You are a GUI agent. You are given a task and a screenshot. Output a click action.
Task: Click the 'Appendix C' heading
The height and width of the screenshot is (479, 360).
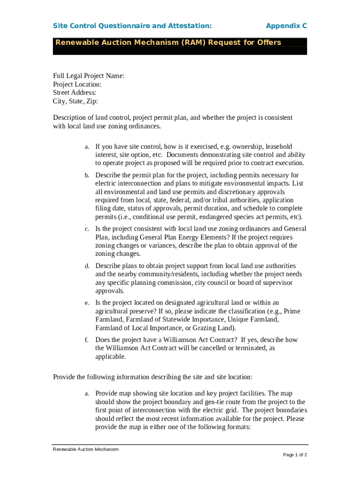point(286,25)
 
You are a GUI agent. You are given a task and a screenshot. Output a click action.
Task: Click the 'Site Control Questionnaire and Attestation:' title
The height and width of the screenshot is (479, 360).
point(132,25)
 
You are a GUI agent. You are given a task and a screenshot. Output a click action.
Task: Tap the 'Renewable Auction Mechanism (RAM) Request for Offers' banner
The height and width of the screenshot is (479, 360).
point(168,43)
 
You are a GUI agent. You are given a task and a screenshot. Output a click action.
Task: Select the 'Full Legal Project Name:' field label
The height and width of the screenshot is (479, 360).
point(89,76)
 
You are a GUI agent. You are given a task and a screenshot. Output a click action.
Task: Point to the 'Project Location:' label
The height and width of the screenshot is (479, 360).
point(77,84)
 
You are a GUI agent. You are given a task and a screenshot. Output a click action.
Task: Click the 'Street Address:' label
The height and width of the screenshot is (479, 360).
point(75,93)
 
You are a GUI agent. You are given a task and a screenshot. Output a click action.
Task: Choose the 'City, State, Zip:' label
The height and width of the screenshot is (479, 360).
point(76,101)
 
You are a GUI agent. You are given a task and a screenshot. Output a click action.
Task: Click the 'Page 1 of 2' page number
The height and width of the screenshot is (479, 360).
point(295,455)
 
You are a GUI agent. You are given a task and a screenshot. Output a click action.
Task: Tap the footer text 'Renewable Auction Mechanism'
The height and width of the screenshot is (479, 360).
point(86,449)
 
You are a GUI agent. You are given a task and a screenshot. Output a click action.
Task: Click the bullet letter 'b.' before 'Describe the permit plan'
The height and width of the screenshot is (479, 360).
point(87,175)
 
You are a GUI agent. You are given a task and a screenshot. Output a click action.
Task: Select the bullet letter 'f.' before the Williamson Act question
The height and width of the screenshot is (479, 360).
point(87,340)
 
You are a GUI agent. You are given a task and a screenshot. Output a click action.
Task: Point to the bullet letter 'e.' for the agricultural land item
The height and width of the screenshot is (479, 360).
point(87,303)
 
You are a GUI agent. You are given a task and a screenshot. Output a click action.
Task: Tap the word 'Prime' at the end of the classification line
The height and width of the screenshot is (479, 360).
point(292,311)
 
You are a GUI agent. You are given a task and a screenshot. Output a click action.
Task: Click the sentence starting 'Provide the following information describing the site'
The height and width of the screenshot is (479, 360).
point(153,377)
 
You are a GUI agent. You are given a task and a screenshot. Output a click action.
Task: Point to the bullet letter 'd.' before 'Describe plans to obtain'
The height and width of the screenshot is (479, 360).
point(87,266)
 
